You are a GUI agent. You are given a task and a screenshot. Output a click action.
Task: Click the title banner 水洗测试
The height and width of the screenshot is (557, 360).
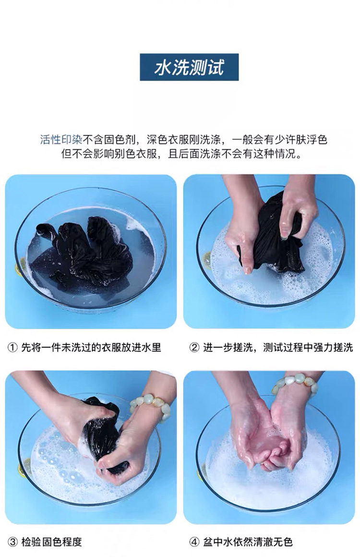point(189,67)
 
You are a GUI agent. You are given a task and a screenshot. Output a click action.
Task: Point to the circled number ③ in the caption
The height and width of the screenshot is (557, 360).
point(12,542)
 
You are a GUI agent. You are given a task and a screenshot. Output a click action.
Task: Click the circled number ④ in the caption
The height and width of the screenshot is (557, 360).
point(194,542)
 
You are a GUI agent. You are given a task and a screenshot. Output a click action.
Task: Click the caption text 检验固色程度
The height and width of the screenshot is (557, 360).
point(52,542)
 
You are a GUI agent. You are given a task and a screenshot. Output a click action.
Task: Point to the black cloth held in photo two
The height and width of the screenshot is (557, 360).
point(271,235)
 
